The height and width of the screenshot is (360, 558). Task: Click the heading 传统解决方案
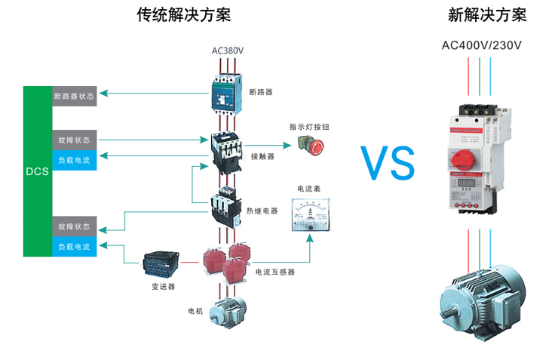click(184, 15)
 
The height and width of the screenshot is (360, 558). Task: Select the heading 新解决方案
click(487, 15)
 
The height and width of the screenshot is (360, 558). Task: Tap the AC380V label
click(228, 51)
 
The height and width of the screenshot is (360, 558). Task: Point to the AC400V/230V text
click(482, 45)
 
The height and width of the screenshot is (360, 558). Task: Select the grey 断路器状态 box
click(75, 97)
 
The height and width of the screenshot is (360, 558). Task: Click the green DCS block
click(37, 171)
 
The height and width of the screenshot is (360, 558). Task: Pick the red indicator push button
click(314, 146)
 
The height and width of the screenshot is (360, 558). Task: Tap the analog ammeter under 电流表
click(311, 214)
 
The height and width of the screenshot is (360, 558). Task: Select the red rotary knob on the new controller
click(461, 161)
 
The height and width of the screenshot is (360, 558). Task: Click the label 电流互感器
click(274, 272)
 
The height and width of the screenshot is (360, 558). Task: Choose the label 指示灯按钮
click(308, 127)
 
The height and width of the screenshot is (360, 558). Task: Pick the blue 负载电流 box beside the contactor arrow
click(75, 160)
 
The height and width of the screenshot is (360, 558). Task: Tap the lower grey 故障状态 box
click(75, 226)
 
